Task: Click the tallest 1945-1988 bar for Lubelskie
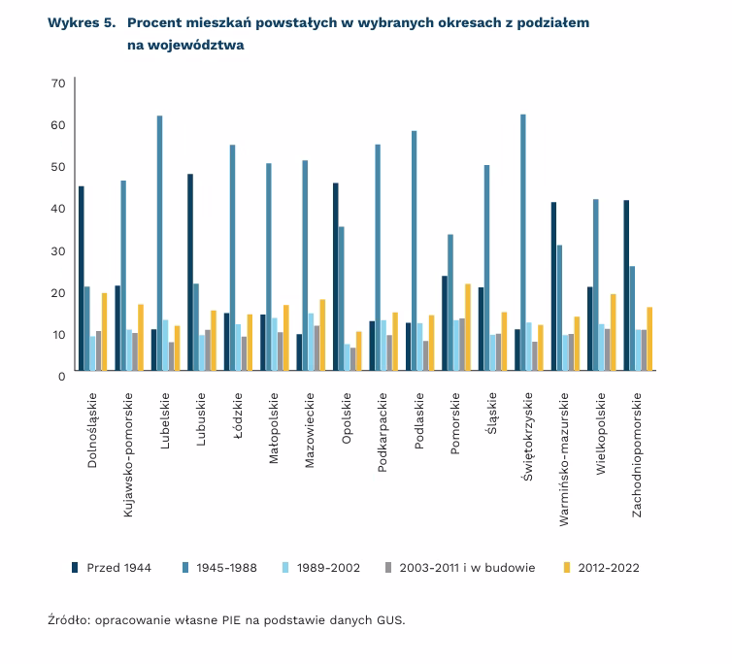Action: click(x=160, y=243)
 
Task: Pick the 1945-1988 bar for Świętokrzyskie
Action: click(x=523, y=243)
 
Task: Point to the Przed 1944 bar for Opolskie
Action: click(x=335, y=277)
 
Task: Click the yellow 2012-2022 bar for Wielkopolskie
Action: click(x=614, y=332)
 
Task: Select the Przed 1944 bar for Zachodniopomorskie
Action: click(x=626, y=285)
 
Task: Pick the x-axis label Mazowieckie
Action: click(x=310, y=431)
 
